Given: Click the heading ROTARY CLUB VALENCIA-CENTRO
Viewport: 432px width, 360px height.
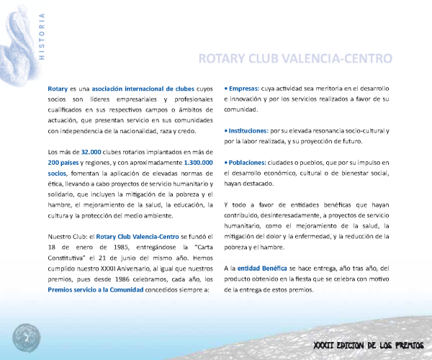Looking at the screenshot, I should [295, 58].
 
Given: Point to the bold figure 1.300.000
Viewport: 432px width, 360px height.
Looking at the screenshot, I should [192, 163].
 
